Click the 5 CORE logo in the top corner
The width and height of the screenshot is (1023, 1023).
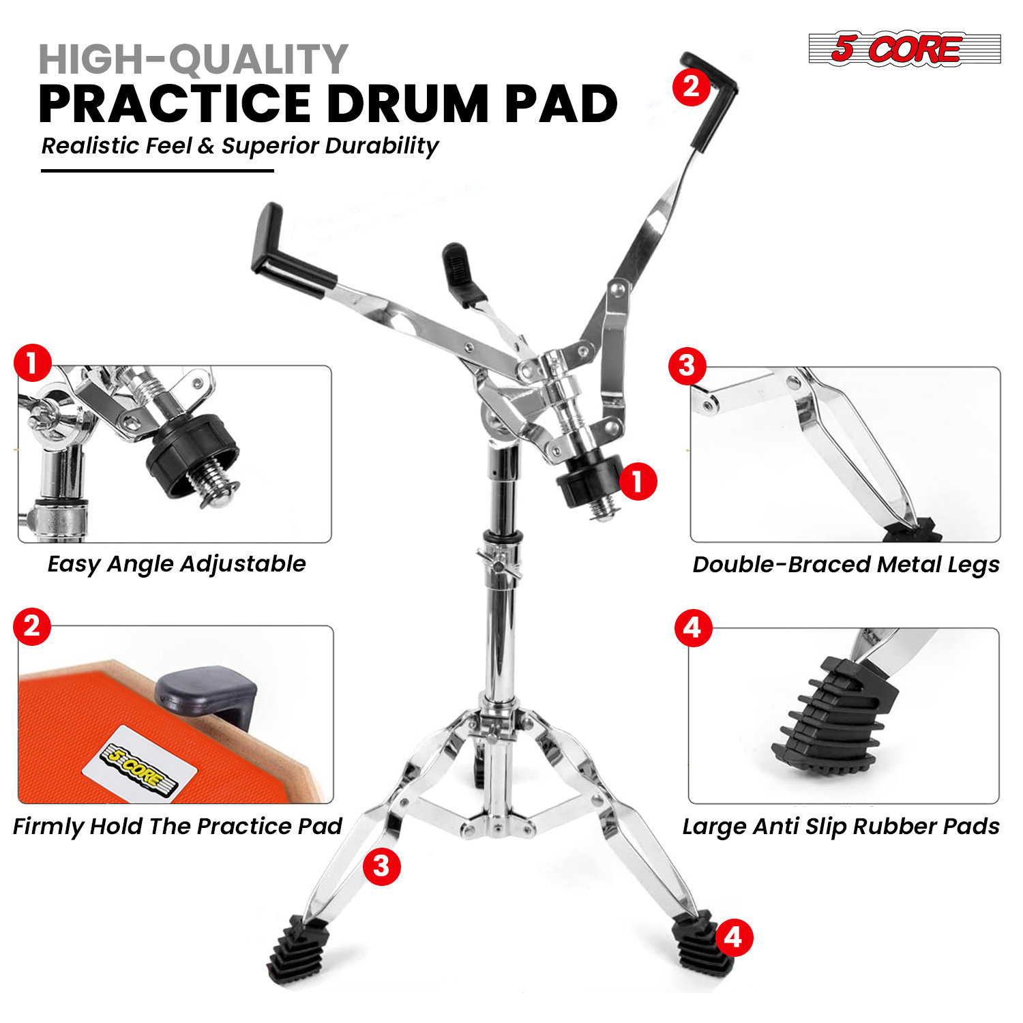[904, 48]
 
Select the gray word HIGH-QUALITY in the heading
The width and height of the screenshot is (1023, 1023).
[194, 59]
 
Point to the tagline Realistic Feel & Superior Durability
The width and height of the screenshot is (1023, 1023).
[239, 146]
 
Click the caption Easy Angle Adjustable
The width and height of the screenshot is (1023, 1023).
[177, 564]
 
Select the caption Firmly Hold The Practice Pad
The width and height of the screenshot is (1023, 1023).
[177, 826]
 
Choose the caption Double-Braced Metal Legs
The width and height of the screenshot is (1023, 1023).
[846, 565]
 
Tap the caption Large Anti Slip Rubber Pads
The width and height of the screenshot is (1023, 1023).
[841, 826]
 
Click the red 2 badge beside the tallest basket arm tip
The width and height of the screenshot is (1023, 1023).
[692, 87]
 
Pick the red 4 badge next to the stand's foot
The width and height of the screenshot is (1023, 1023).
[733, 938]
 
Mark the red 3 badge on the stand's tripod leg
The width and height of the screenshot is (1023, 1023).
[381, 867]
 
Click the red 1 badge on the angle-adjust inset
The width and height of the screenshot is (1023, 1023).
[33, 364]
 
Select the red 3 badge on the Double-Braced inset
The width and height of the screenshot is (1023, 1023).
[687, 366]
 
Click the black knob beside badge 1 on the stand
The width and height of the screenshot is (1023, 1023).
[585, 482]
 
